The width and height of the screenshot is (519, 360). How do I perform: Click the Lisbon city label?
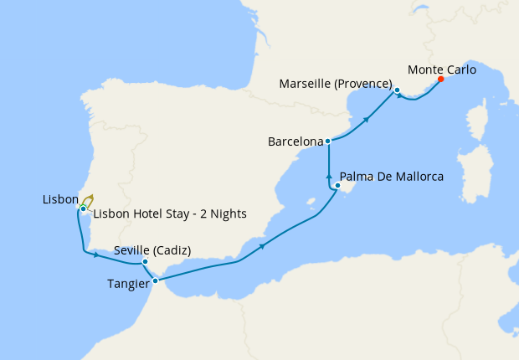pos(60,200)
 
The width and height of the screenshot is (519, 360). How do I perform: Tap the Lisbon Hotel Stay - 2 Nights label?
pos(170,213)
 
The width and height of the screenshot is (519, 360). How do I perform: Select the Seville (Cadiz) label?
pos(152,250)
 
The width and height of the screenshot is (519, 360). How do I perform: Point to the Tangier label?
pos(129,284)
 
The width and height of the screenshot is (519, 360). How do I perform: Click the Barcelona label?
pos(295,141)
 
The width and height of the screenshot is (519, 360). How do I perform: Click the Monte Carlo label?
pos(441,70)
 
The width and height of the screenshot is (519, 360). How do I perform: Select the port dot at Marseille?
pos(397,90)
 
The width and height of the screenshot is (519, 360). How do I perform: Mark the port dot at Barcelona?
pos(327,141)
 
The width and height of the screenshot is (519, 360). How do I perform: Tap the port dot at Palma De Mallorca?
pos(337,185)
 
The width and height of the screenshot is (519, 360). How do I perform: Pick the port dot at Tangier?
pos(156,280)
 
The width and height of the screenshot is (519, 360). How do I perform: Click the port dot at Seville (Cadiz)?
pos(145,262)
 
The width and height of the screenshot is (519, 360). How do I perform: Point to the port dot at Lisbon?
pos(83,208)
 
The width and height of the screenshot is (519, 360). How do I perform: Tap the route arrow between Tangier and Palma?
pos(263,246)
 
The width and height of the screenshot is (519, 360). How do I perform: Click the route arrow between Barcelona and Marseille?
pos(367,120)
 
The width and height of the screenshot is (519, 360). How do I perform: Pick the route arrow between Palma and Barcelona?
pos(329,176)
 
